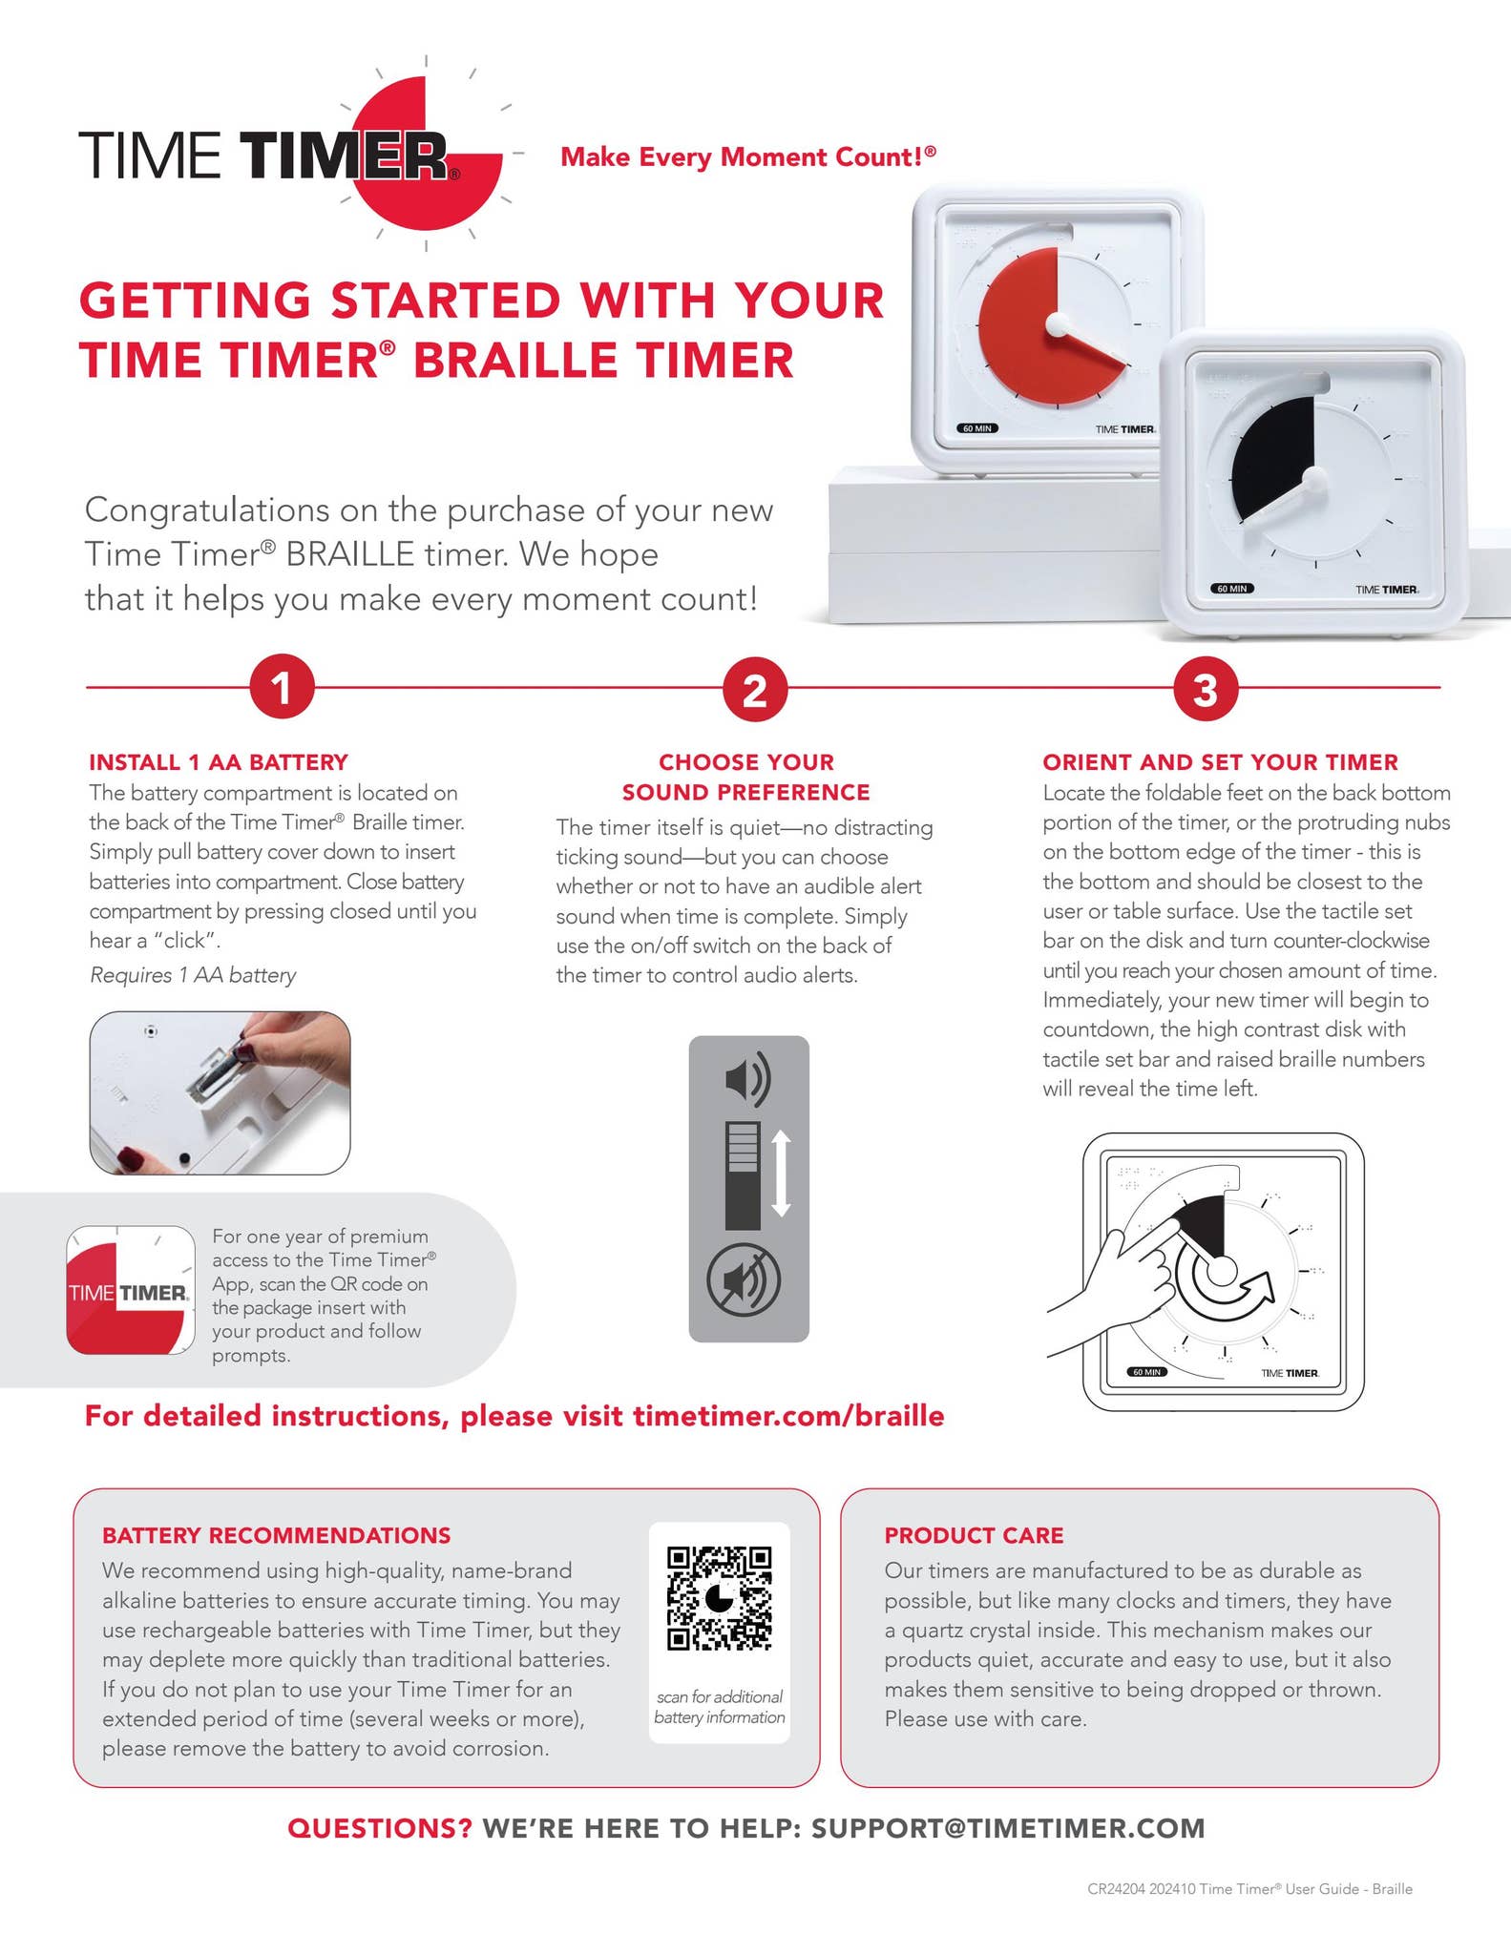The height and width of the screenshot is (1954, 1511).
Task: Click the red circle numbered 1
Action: (282, 687)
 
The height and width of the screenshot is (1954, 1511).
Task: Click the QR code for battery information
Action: (719, 1598)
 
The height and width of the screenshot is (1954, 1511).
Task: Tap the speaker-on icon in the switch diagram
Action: (747, 1079)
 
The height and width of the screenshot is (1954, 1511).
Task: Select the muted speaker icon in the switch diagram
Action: (744, 1280)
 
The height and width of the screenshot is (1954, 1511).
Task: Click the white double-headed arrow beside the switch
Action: (781, 1173)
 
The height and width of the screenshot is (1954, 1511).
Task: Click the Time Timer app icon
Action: (131, 1290)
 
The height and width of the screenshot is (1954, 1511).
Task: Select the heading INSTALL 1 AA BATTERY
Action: (219, 762)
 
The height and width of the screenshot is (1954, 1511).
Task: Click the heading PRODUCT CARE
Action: (973, 1535)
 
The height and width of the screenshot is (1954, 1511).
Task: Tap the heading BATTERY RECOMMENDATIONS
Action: (276, 1535)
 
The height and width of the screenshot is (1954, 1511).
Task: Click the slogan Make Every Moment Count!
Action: (747, 156)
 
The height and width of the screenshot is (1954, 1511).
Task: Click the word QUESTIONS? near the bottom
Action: (379, 1828)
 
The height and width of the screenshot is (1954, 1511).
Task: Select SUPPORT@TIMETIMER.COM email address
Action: (1007, 1828)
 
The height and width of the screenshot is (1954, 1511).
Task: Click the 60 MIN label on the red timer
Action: (978, 428)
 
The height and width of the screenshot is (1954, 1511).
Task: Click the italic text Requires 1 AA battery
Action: (193, 975)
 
